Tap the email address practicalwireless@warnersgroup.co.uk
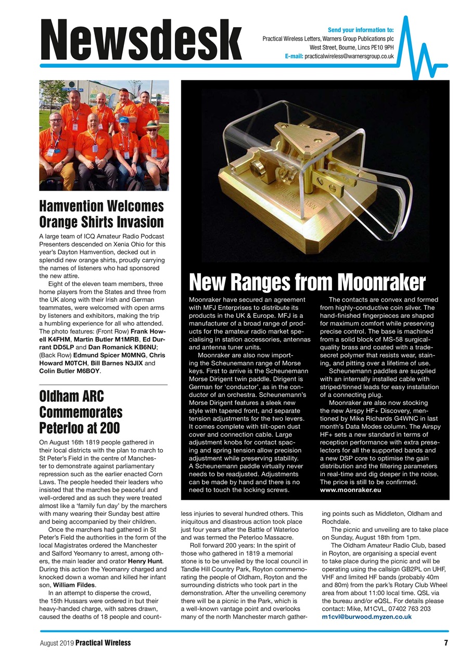(349, 56)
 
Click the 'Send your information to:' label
(361, 30)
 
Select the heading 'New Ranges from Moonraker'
(307, 283)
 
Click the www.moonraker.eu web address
(351, 490)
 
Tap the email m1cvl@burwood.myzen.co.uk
(366, 616)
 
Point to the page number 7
(445, 643)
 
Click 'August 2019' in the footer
(57, 643)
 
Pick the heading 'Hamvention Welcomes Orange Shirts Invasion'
(101, 214)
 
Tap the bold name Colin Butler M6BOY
(70, 372)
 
